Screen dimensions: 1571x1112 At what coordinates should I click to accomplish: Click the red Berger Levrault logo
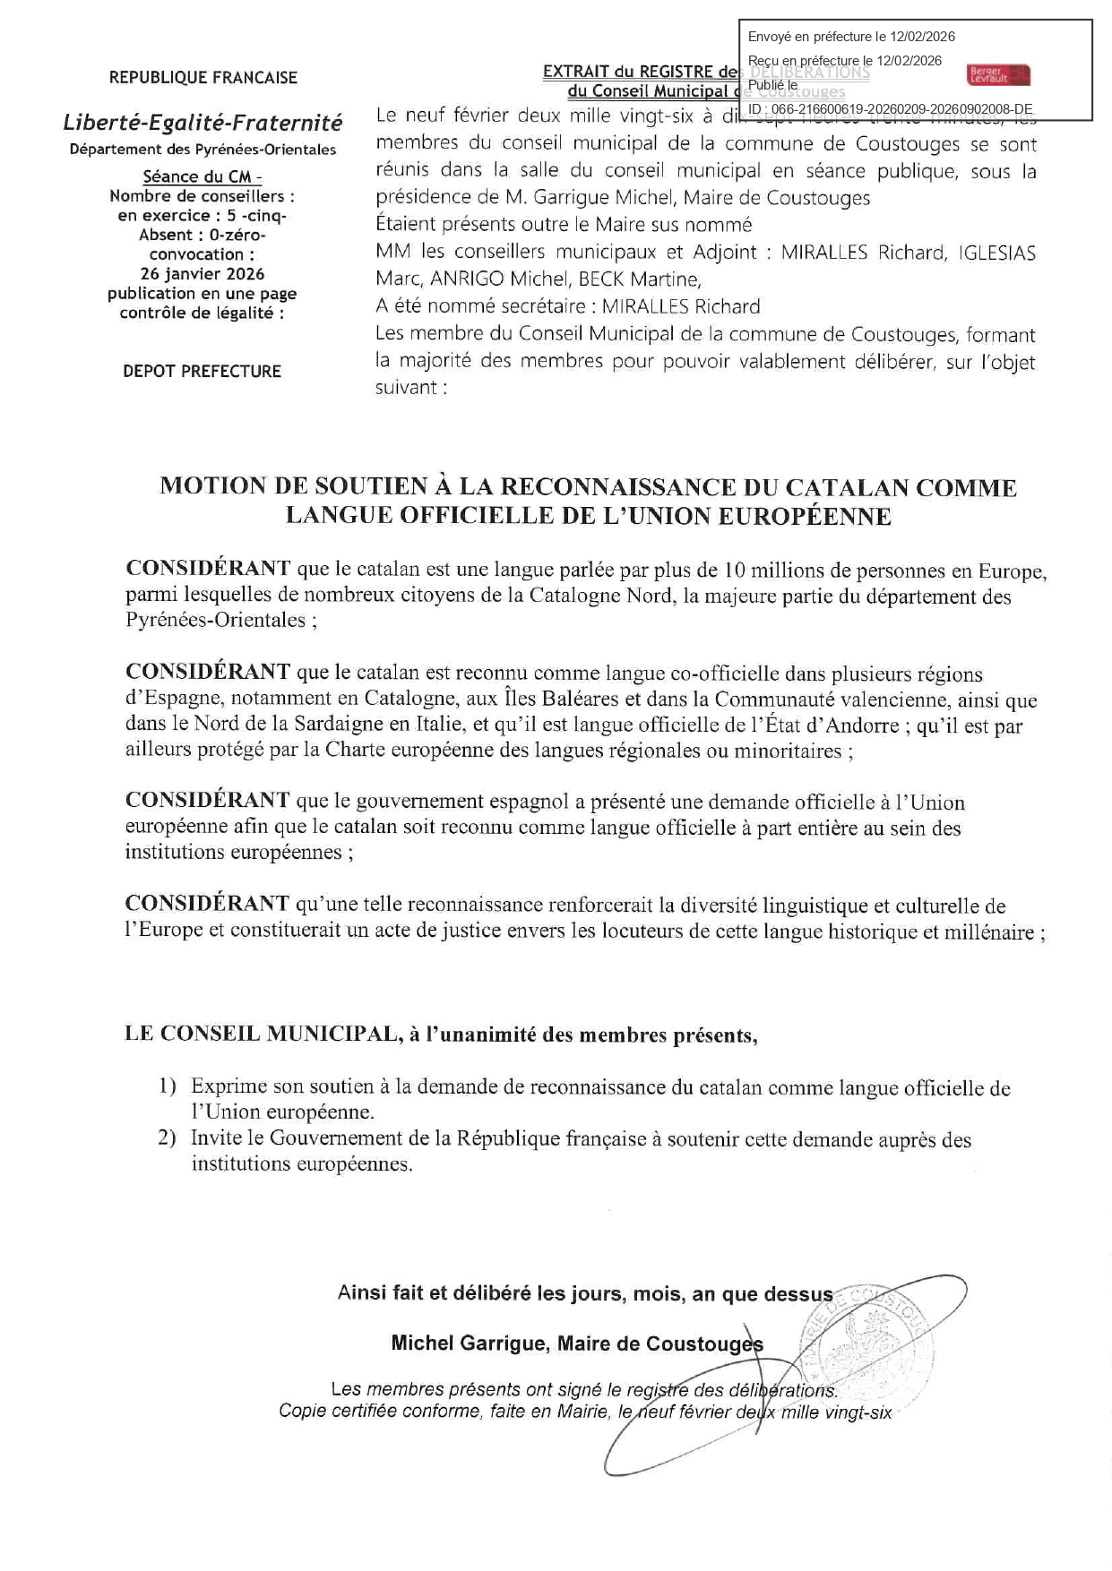click(x=998, y=75)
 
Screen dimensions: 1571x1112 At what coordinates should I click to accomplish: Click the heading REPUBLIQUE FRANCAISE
click(x=203, y=78)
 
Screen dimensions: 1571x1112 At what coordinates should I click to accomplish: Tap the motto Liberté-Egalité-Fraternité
click(x=203, y=123)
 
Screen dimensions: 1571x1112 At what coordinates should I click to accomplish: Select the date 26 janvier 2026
click(x=203, y=274)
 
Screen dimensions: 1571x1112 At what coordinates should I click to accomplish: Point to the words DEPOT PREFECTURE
click(x=202, y=371)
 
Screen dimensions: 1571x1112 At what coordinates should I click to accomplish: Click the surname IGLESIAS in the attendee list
click(x=996, y=253)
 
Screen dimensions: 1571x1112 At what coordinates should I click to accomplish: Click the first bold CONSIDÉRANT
click(x=208, y=569)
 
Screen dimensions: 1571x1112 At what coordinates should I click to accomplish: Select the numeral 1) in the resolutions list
click(x=168, y=1087)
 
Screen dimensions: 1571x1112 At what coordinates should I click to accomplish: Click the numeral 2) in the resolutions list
click(x=168, y=1138)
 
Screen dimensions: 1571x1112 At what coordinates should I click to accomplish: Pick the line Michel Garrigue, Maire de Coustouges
click(x=577, y=1344)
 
